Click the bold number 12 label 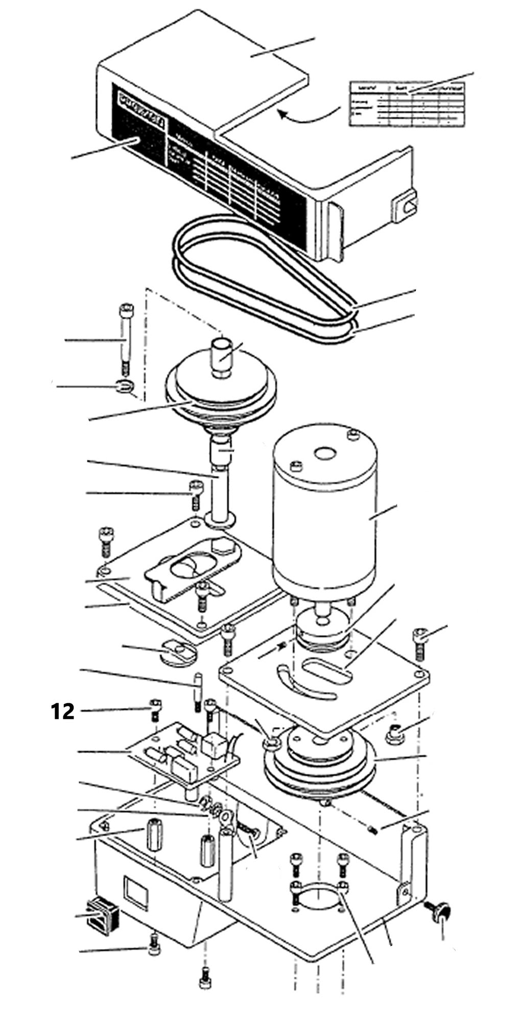point(62,711)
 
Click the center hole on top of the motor point(324,453)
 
